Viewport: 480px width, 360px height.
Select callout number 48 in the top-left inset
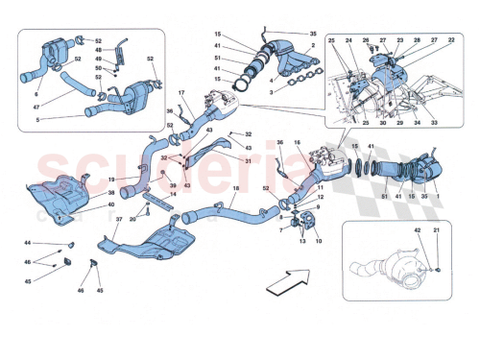[x=97, y=50]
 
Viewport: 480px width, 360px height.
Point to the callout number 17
[x=180, y=92]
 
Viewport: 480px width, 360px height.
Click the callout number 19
[x=111, y=179]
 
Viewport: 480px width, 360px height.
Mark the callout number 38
[x=110, y=194]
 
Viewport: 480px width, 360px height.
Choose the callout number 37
[x=117, y=220]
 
